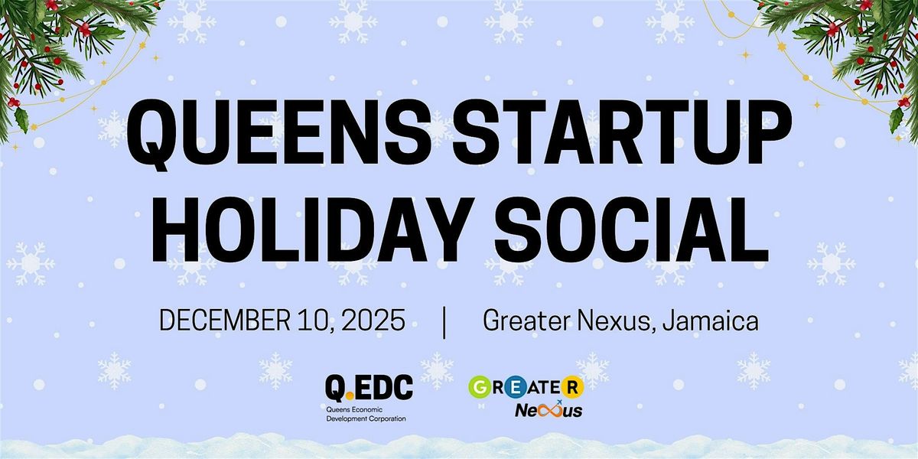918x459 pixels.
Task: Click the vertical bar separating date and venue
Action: [x=444, y=321]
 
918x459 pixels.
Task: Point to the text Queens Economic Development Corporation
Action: [x=365, y=414]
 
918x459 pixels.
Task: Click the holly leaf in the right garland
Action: [x=897, y=119]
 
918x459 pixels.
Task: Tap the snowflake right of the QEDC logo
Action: [x=438, y=371]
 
